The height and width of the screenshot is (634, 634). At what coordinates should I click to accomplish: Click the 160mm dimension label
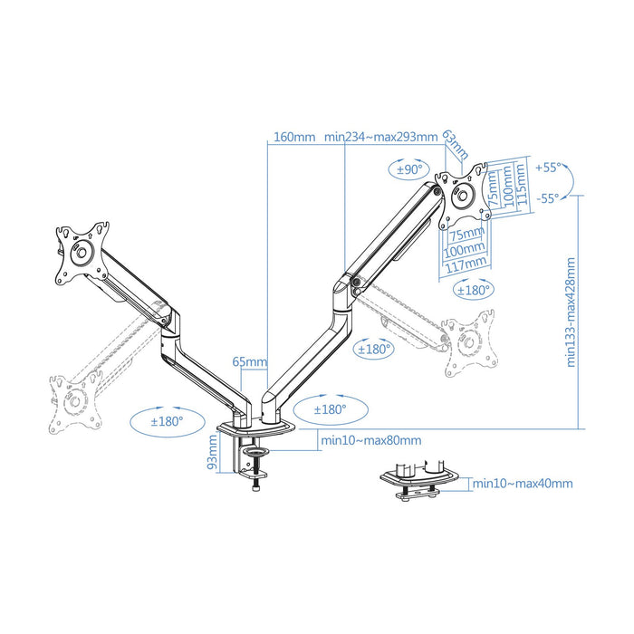point(293,138)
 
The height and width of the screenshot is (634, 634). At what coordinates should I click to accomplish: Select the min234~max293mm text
point(380,138)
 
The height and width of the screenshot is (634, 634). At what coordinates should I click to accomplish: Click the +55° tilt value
point(548,168)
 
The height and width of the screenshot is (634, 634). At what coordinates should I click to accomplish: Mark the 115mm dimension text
point(521,186)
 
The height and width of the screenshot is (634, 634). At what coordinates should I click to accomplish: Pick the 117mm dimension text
point(465,263)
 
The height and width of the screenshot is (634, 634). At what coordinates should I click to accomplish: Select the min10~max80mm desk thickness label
point(370,441)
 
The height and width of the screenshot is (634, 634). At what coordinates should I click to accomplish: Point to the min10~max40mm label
point(523,484)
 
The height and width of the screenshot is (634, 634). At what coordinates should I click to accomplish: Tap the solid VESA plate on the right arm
point(463,194)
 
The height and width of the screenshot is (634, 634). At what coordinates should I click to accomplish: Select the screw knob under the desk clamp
point(255,486)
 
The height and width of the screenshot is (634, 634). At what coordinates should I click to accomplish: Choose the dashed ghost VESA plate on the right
point(471,343)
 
